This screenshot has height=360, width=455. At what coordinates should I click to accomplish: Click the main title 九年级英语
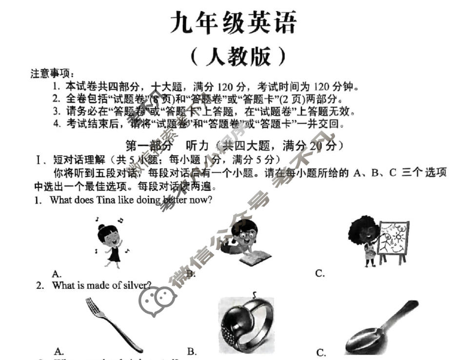point(233,23)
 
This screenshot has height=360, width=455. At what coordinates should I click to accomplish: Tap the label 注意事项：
point(53,74)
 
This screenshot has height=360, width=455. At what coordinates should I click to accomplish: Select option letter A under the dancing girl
point(57,274)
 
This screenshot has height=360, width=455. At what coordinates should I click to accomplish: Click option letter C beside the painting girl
point(320,274)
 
